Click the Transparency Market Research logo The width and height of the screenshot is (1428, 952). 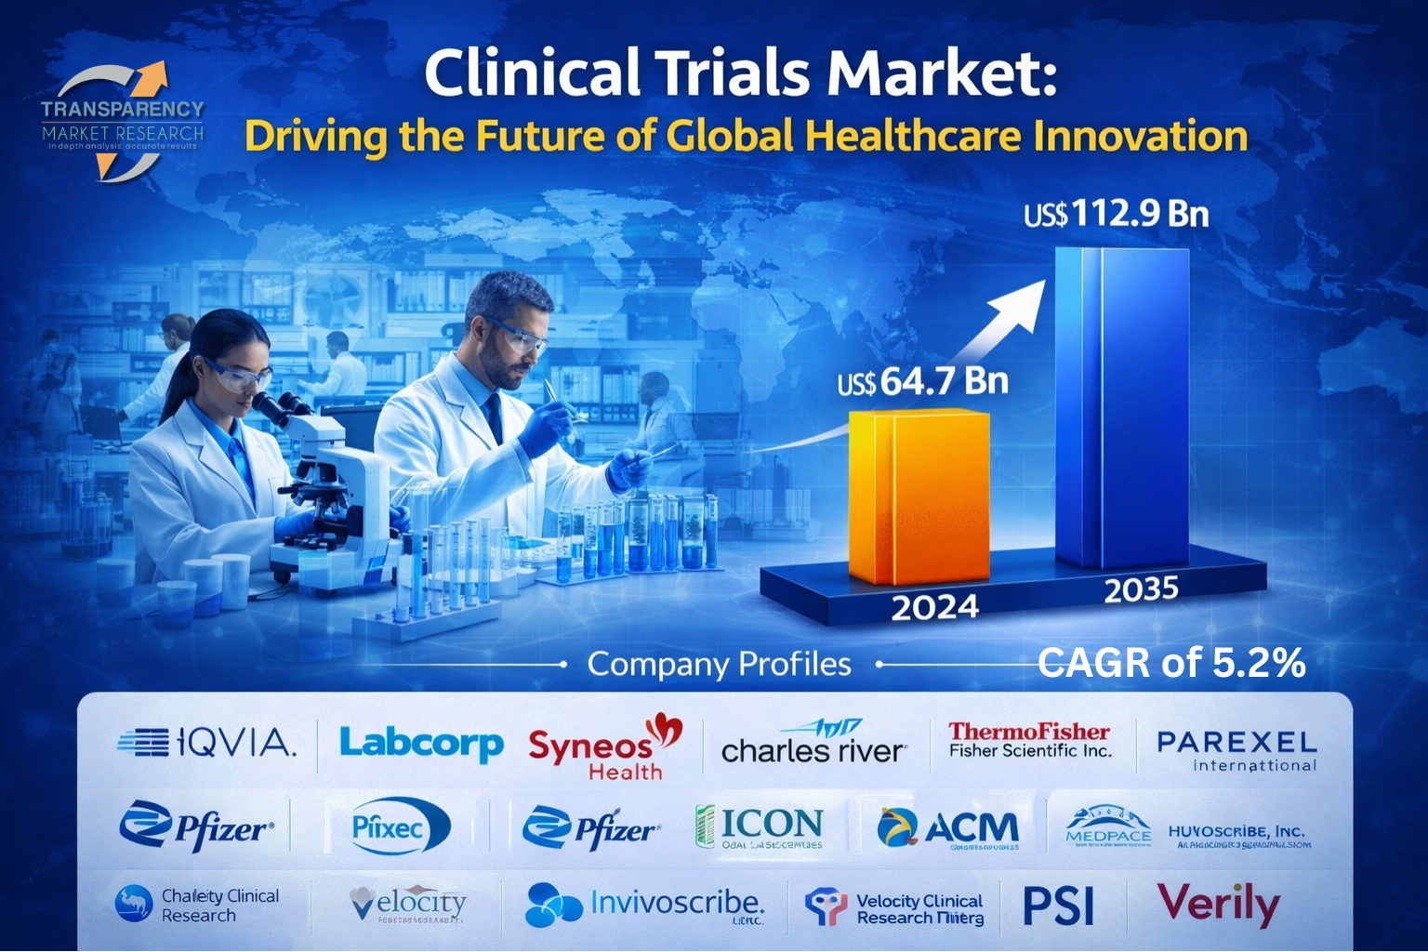[x=122, y=122]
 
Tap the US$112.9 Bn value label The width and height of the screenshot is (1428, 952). [x=1116, y=215]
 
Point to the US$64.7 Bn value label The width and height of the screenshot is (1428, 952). [x=922, y=381]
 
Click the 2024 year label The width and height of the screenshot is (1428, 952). [x=934, y=607]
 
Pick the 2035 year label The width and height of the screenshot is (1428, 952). [x=1141, y=589]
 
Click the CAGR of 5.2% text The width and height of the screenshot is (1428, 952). [x=1170, y=663]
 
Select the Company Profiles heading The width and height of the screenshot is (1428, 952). [x=719, y=665]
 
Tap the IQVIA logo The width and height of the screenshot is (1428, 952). [x=206, y=742]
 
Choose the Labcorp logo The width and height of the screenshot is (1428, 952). [x=420, y=744]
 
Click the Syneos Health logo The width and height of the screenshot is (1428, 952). [x=604, y=748]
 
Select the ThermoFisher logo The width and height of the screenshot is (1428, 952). [x=1029, y=740]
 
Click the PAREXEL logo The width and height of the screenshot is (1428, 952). [x=1236, y=750]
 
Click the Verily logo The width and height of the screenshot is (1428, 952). [x=1218, y=904]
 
